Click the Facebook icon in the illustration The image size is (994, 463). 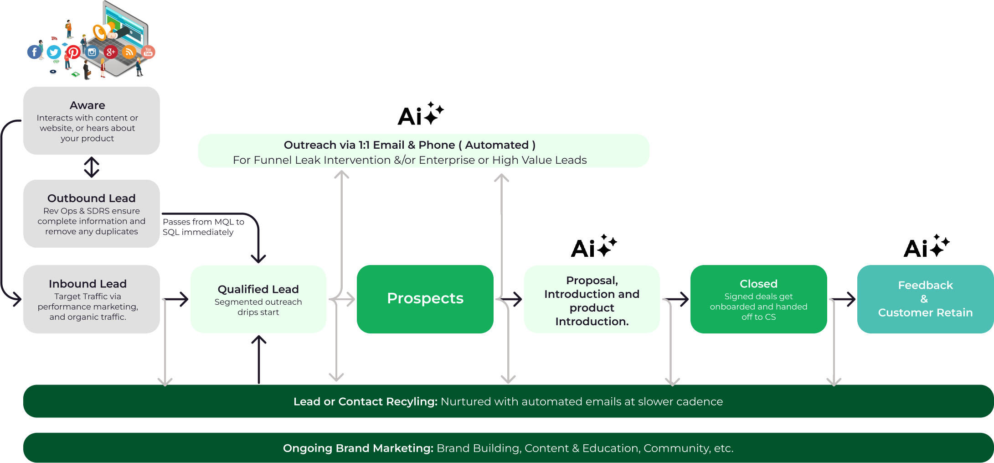[34, 52]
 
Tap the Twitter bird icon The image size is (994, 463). [54, 52]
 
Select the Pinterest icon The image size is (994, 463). [73, 52]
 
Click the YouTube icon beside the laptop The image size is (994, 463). [148, 52]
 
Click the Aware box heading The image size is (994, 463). [88, 105]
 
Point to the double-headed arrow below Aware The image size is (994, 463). [92, 167]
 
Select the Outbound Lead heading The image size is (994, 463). [92, 198]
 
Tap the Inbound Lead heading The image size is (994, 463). [88, 284]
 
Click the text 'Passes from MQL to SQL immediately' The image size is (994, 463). [203, 227]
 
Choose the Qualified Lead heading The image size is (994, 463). [258, 289]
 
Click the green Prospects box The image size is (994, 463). [425, 299]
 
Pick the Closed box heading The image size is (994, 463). [758, 284]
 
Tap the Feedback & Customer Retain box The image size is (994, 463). [925, 299]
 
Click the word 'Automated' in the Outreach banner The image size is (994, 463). [497, 145]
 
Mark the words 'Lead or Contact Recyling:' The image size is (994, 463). [365, 401]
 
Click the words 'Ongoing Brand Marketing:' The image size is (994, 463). [358, 448]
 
